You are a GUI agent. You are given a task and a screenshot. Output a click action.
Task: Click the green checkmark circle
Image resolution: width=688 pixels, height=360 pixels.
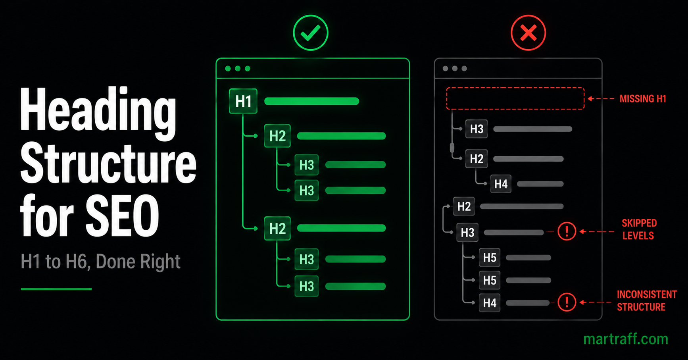tap(311, 33)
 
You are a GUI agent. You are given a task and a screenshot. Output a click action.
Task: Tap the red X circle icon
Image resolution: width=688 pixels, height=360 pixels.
tap(528, 33)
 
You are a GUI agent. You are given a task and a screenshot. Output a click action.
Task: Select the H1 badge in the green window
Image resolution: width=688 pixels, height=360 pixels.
tap(243, 101)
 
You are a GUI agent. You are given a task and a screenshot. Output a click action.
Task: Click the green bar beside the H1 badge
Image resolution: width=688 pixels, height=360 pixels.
tap(311, 101)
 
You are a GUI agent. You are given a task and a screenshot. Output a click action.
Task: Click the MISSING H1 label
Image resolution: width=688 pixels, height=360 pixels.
tap(643, 99)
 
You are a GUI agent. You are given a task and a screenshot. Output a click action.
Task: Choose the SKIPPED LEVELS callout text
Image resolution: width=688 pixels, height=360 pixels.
tap(639, 229)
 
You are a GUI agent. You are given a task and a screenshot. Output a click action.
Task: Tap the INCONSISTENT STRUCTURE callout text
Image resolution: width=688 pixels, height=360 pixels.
tap(647, 300)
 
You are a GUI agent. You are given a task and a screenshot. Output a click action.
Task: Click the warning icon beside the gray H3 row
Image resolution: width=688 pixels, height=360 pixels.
tap(567, 231)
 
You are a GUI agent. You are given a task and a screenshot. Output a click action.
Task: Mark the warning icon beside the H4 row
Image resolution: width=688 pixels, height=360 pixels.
tap(567, 302)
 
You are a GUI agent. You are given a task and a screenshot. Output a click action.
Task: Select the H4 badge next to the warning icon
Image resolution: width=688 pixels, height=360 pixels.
tap(490, 303)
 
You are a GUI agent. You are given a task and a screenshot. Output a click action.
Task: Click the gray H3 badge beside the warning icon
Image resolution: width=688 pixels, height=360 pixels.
tap(467, 233)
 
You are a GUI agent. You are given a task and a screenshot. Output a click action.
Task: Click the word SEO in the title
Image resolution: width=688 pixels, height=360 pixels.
tap(122, 216)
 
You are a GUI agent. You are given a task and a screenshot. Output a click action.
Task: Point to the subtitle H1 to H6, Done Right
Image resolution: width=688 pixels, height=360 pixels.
tap(100, 262)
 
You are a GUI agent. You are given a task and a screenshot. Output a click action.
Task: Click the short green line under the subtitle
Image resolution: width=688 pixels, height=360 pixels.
tap(56, 289)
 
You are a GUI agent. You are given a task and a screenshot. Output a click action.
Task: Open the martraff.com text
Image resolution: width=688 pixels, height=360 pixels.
tap(626, 339)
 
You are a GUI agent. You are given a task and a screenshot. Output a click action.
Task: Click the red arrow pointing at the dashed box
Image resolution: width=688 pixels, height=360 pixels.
tap(601, 98)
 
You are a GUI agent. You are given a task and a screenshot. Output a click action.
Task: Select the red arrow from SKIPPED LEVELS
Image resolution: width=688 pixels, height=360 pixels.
tap(596, 231)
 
